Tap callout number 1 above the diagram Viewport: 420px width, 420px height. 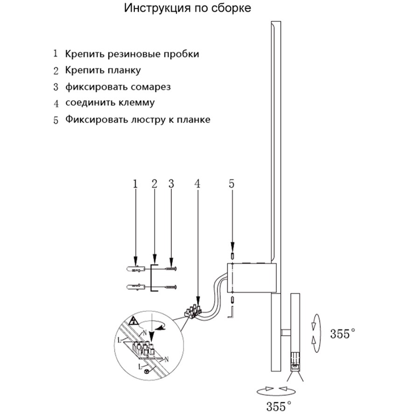pyautogui.click(x=135, y=184)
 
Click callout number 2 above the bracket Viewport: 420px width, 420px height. pyautogui.click(x=154, y=184)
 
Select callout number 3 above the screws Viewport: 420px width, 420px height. pyautogui.click(x=171, y=184)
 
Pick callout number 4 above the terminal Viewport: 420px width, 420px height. pyautogui.click(x=198, y=184)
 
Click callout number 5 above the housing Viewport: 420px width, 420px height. pyautogui.click(x=232, y=184)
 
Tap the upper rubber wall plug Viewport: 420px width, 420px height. pyautogui.click(x=135, y=270)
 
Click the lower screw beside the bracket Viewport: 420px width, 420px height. pyautogui.click(x=168, y=287)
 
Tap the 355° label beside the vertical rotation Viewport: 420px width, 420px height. pyautogui.click(x=342, y=334)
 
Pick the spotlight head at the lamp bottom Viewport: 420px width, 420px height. pyautogui.click(x=295, y=361)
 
